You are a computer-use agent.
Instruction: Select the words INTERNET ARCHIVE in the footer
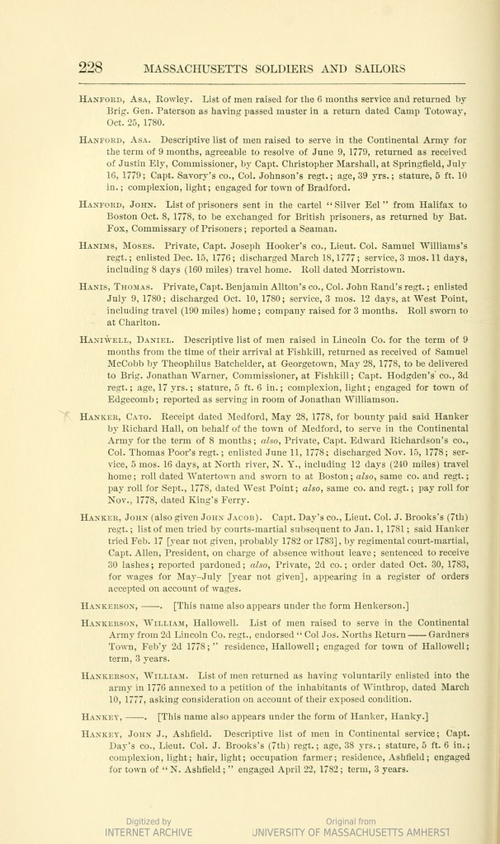tap(149, 832)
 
